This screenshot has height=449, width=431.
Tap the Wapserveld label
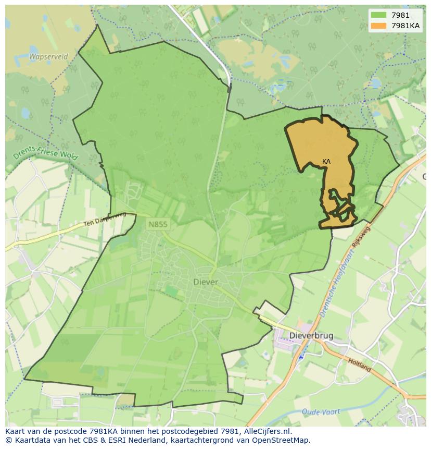(x=48, y=57)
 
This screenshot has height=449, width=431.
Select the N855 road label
(x=158, y=224)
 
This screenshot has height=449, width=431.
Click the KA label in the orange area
(x=326, y=162)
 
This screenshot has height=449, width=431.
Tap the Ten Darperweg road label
(x=105, y=220)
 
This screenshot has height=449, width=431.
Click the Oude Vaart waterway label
(x=321, y=411)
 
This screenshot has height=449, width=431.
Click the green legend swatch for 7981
(x=378, y=15)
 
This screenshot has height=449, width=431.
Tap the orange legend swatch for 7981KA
(x=378, y=26)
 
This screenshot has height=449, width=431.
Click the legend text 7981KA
(x=406, y=26)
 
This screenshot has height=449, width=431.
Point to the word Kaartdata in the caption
(x=29, y=440)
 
